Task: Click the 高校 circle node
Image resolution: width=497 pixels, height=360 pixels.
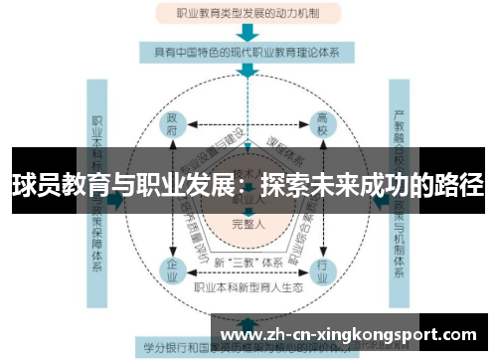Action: [x=322, y=125]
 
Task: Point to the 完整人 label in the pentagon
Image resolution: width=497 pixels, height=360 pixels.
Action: [x=248, y=224]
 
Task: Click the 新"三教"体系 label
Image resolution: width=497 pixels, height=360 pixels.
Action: [x=248, y=261]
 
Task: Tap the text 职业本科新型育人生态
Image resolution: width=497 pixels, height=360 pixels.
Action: [x=248, y=286]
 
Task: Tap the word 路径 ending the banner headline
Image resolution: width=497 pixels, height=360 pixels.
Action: [x=460, y=185]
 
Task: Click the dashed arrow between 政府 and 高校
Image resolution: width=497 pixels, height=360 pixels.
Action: [x=248, y=125]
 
